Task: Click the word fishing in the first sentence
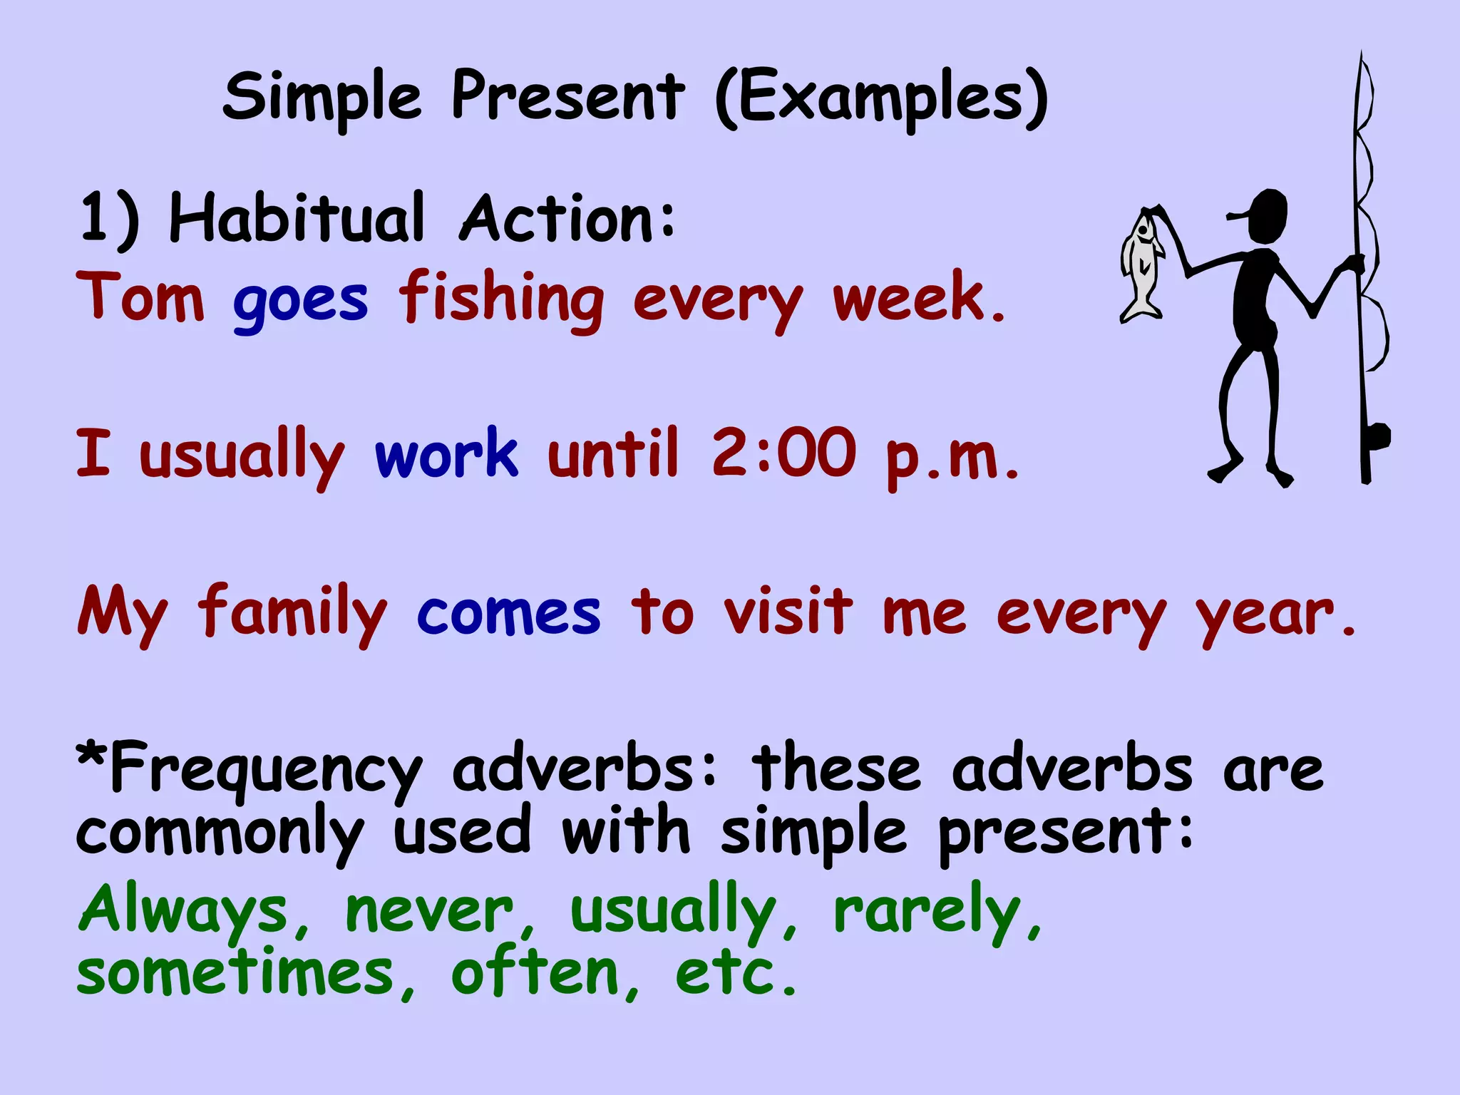(501, 299)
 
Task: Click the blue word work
(446, 454)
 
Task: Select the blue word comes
(508, 613)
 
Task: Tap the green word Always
(184, 910)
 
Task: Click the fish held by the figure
(1143, 267)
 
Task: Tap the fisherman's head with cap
(1265, 216)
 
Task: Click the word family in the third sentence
(292, 613)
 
